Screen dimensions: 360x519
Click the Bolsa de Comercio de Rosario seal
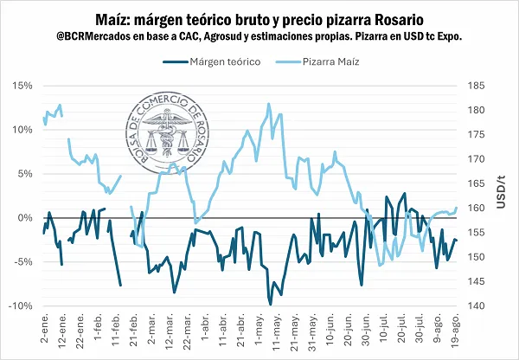click(166, 142)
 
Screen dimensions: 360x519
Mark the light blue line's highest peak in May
click(269, 104)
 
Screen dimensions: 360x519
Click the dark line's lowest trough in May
click(271, 305)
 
